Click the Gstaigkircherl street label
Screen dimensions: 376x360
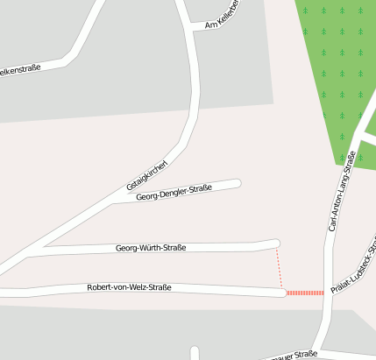tap(146, 173)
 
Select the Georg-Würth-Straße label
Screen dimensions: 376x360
tap(151, 249)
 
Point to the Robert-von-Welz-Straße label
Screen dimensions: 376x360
tap(129, 287)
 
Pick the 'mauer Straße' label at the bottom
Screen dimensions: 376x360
tap(294, 355)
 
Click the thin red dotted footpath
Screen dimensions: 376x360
tap(280, 266)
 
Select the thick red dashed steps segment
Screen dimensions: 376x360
tap(305, 293)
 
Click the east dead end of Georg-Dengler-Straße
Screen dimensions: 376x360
tap(237, 183)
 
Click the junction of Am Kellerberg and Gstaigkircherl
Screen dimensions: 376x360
tap(192, 28)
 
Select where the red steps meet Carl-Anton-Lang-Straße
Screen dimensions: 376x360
tap(325, 293)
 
